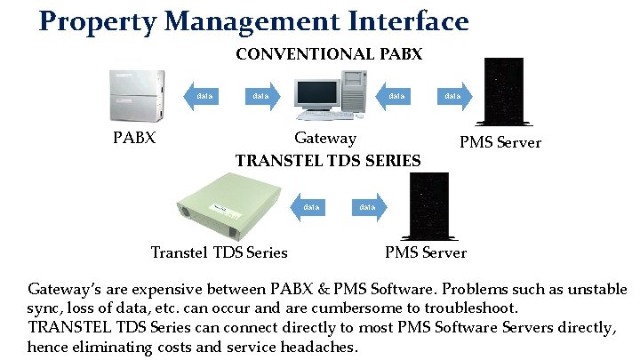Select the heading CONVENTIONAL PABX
(x=329, y=55)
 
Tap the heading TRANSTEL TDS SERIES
(x=328, y=161)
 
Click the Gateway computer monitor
(x=317, y=93)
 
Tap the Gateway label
(x=325, y=139)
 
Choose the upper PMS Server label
(x=500, y=143)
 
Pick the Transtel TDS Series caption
(x=220, y=252)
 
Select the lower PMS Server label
(x=425, y=252)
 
